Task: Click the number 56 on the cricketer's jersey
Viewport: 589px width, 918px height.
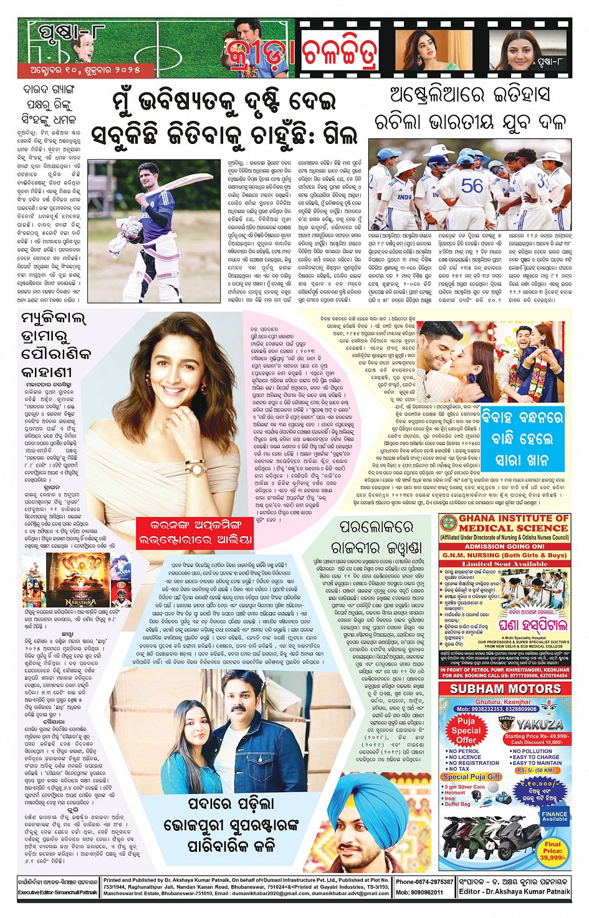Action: [x=472, y=186]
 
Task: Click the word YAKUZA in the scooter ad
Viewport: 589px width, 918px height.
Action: [x=539, y=724]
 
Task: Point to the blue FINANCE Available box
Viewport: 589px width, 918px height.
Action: [x=554, y=816]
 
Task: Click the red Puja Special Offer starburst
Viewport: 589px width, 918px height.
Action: [x=466, y=730]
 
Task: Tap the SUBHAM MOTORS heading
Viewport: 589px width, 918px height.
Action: [x=505, y=689]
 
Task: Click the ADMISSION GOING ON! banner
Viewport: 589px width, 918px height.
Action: [x=505, y=546]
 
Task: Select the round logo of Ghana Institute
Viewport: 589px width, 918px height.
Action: [x=448, y=524]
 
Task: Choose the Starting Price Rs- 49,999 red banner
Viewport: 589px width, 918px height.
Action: [x=537, y=739]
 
